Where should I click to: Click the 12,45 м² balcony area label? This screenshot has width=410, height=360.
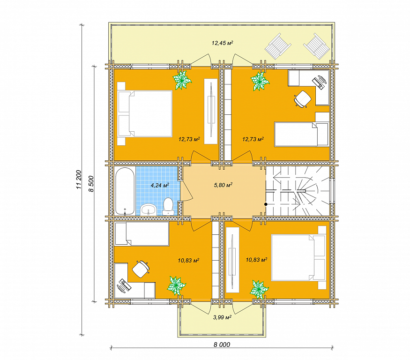pyautogui.click(x=222, y=43)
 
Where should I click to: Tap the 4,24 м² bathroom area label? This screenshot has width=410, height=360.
pyautogui.click(x=160, y=185)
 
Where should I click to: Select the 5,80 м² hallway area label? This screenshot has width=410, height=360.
pyautogui.click(x=223, y=185)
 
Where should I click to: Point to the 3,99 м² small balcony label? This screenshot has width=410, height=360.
pyautogui.click(x=222, y=317)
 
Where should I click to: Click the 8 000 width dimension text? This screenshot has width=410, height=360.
pyautogui.click(x=222, y=345)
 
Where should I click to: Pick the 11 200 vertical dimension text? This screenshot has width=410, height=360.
pyautogui.click(x=79, y=180)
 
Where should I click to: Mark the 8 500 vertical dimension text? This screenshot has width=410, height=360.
pyautogui.click(x=91, y=184)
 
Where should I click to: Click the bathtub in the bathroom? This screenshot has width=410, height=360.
pyautogui.click(x=125, y=191)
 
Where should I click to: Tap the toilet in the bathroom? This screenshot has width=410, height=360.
pyautogui.click(x=168, y=206)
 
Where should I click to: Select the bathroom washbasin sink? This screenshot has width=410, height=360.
pyautogui.click(x=148, y=210)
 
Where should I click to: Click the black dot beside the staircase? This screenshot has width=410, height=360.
pyautogui.click(x=266, y=204)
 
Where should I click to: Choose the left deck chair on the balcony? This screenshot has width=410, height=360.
pyautogui.click(x=278, y=46)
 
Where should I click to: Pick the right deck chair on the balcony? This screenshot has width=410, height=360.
pyautogui.click(x=317, y=46)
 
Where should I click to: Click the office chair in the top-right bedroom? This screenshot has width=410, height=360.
pyautogui.click(x=303, y=99)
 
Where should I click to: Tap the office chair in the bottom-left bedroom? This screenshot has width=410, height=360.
pyautogui.click(x=141, y=269)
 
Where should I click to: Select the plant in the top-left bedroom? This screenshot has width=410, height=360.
pyautogui.click(x=182, y=80)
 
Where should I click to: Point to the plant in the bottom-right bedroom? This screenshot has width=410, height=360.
pyautogui.click(x=259, y=289)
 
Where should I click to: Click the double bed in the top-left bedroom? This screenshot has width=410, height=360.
pyautogui.click(x=145, y=113)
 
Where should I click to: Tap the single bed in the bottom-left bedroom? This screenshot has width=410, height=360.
pyautogui.click(x=142, y=233)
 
